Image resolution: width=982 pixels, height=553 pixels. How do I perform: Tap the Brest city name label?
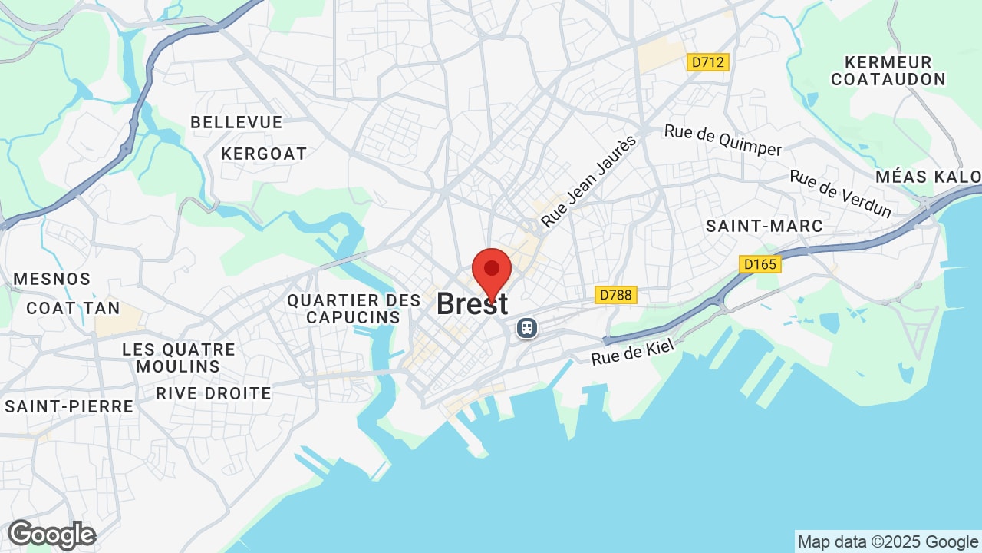pos(472,304)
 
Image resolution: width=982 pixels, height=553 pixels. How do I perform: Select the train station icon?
pos(527,328)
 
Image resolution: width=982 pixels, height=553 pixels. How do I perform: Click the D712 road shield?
pos(707,62)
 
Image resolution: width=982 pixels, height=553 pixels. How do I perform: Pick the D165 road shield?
pos(760,264)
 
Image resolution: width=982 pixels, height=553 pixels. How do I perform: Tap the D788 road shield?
pos(616,295)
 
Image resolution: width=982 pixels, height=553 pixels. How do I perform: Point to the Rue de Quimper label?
pos(723,140)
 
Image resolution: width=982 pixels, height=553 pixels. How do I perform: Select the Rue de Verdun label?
pos(841,194)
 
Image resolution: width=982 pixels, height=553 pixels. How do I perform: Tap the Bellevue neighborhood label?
pos(236,122)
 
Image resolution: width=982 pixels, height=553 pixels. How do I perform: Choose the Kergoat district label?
pos(264,154)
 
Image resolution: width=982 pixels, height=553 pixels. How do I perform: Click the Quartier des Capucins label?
pos(354,309)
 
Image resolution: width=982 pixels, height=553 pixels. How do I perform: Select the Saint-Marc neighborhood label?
pos(764,226)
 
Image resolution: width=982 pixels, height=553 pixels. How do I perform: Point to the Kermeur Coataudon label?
pos(888,71)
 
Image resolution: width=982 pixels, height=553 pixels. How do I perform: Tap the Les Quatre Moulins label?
pos(179,358)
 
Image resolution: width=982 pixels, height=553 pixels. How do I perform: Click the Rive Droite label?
pos(213,393)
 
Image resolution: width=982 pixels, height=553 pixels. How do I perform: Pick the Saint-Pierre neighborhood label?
pos(69,406)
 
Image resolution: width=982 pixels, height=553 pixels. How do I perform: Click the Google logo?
pos(51,535)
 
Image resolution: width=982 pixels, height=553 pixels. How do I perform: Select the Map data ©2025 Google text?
pos(888,541)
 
